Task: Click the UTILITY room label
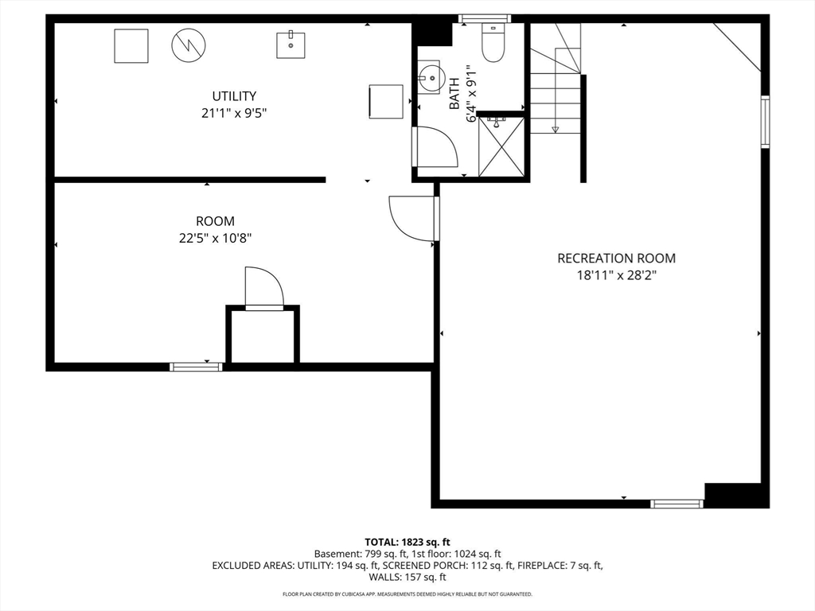(234, 96)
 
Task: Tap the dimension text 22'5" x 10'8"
(215, 239)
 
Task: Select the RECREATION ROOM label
(617, 259)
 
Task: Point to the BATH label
(454, 94)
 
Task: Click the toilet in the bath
(493, 42)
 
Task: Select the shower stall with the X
(501, 147)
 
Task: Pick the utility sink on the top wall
(291, 45)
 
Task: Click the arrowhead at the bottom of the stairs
(555, 129)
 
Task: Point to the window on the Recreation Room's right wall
(765, 122)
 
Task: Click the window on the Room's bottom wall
(197, 367)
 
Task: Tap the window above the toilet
(485, 19)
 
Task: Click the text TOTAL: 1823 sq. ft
(407, 543)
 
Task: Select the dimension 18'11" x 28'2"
(617, 275)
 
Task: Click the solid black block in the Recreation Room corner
(736, 495)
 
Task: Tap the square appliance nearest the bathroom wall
(386, 102)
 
